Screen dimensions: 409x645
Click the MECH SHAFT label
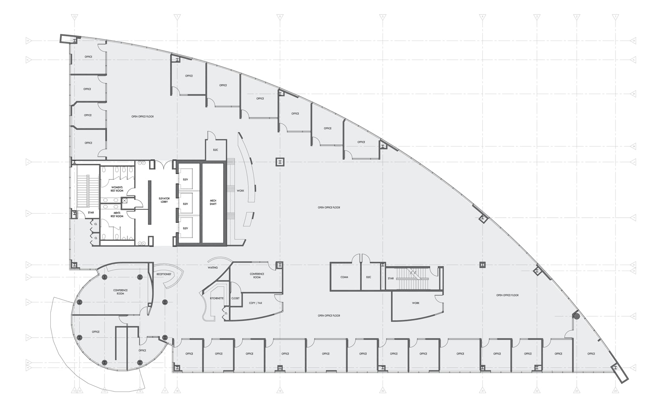[213, 202]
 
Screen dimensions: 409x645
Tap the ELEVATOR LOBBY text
[164, 200]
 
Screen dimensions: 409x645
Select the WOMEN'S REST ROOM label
[117, 189]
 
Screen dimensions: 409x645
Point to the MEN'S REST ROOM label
[117, 215]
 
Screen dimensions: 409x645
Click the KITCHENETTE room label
[216, 298]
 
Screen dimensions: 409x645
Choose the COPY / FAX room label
[255, 303]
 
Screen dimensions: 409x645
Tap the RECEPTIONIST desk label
[164, 274]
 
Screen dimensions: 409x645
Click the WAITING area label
[212, 267]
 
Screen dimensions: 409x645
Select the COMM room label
[344, 277]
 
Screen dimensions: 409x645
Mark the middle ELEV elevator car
[185, 204]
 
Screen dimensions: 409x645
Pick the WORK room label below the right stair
[416, 303]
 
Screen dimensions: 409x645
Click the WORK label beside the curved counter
[240, 190]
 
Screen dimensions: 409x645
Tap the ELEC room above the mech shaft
[216, 150]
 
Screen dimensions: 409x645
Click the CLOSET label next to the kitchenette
[235, 298]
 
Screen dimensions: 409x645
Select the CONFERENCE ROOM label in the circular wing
[120, 292]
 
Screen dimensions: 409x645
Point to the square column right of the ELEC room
[280, 162]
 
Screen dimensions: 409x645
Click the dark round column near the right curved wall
[576, 317]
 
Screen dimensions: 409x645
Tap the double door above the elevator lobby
[164, 165]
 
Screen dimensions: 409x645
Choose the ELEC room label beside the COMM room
[368, 277]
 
